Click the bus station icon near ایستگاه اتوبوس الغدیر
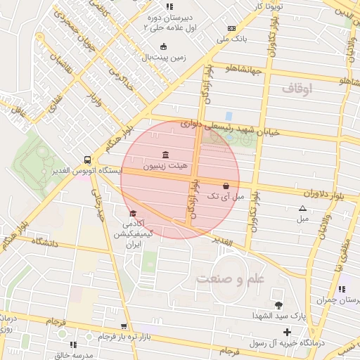[86, 160]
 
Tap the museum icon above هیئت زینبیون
[165, 155]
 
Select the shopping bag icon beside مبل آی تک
[225, 186]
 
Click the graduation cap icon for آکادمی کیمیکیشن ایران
[132, 214]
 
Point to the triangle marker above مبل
[303, 208]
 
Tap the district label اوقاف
[297, 89]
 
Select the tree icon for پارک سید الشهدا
[279, 304]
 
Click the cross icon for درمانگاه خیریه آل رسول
[287, 331]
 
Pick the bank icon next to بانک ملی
[231, 29]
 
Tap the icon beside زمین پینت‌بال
[163, 46]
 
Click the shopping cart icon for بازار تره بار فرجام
[124, 326]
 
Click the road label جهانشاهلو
[244, 69]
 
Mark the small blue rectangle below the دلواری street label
[229, 115]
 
